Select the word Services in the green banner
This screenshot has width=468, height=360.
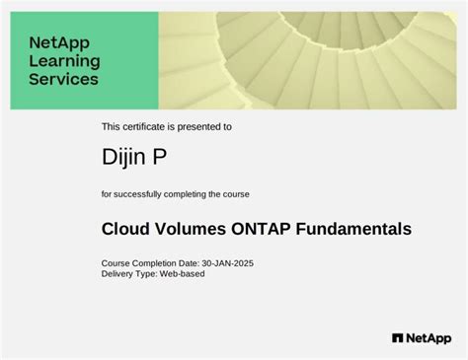[x=63, y=79]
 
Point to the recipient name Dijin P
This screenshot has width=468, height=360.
[x=134, y=156]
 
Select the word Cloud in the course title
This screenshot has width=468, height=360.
[x=124, y=229]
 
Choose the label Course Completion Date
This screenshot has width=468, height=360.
[x=149, y=263]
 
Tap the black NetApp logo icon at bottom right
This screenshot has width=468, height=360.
[x=397, y=337]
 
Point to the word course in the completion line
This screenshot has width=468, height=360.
[x=236, y=192]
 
